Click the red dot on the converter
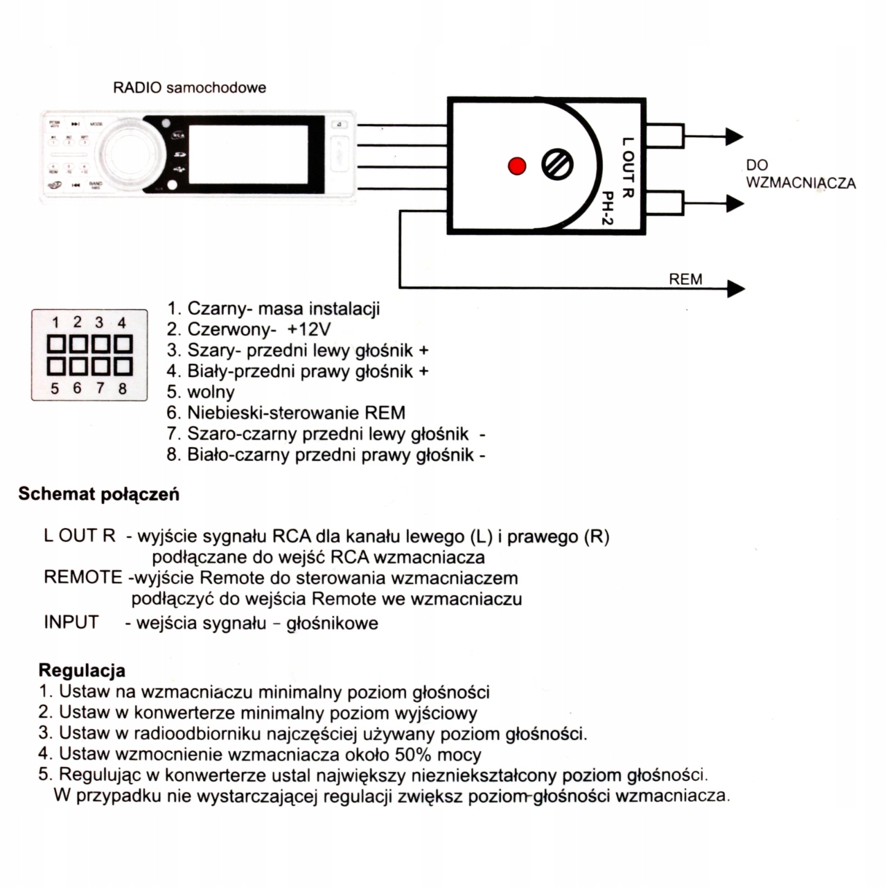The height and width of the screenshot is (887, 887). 516,166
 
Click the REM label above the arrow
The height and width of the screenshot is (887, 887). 685,279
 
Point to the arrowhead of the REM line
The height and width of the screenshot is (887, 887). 736,288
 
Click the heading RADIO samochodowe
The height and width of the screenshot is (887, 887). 189,88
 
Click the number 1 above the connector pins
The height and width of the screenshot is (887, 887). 56,322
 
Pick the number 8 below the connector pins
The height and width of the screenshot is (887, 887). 123,388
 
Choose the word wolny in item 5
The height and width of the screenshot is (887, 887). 211,392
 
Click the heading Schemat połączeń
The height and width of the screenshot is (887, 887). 98,494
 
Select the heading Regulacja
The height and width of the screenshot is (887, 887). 82,670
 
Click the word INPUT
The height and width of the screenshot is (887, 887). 71,622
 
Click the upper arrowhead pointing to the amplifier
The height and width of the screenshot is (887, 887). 735,137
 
